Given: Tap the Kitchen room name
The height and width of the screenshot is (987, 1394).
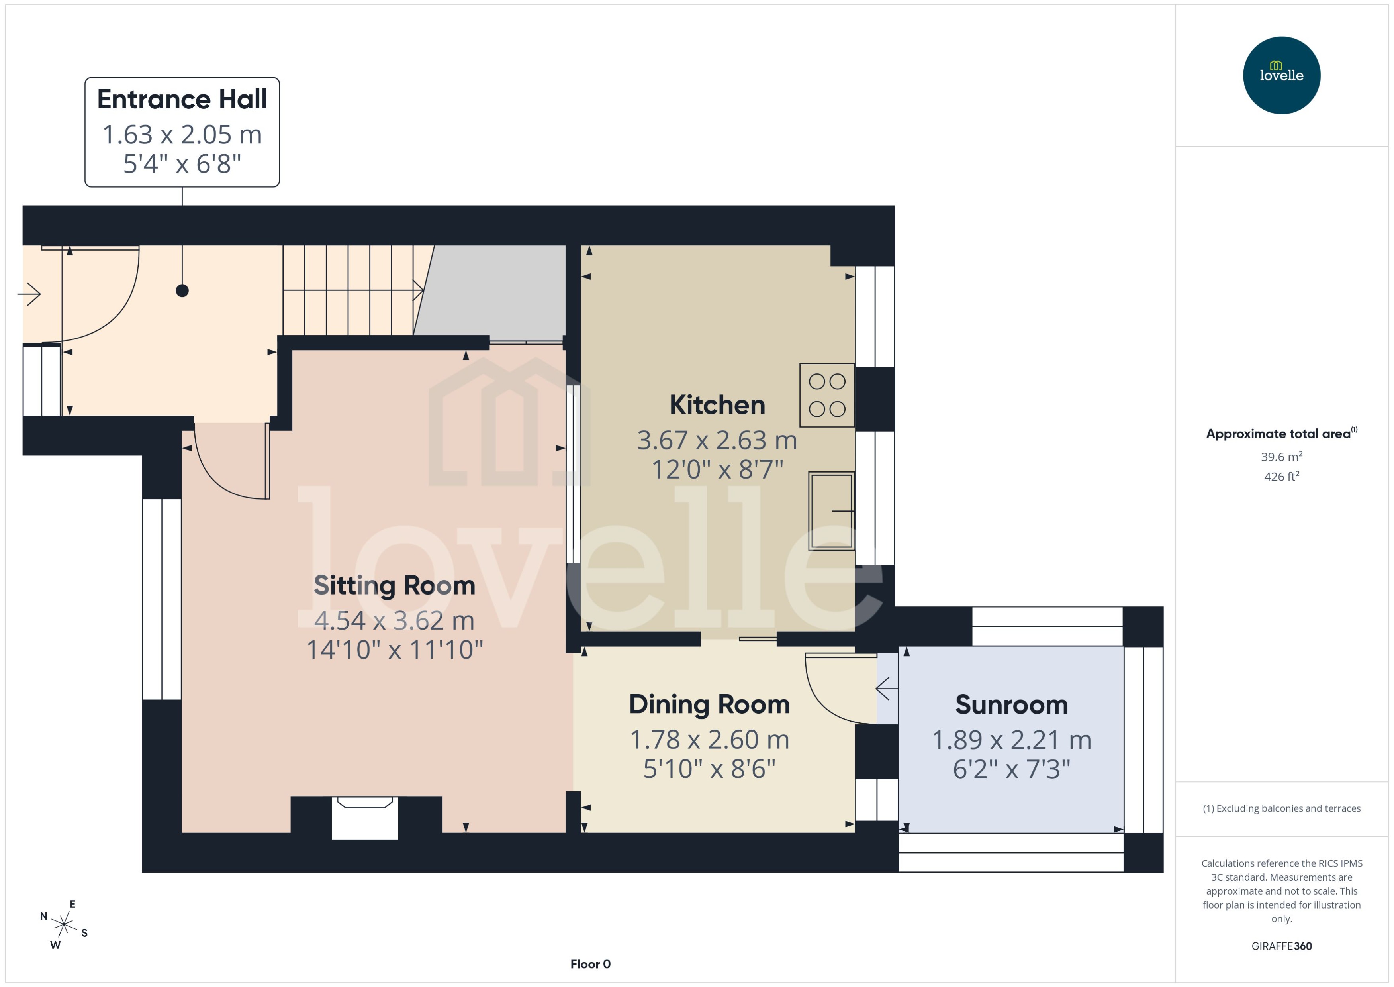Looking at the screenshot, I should [717, 405].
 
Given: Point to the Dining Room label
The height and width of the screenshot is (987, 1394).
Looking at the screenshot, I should [709, 704].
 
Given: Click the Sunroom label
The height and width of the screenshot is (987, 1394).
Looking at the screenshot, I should [1011, 705].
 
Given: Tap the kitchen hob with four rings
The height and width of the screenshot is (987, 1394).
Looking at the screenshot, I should [827, 395].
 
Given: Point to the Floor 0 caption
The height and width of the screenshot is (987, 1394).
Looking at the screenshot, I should [590, 964].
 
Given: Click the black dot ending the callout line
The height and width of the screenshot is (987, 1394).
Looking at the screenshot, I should [182, 290].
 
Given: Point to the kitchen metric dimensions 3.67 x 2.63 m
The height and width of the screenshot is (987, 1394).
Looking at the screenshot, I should [717, 440].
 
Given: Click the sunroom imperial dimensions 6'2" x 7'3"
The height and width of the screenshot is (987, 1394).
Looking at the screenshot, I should [1011, 769].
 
